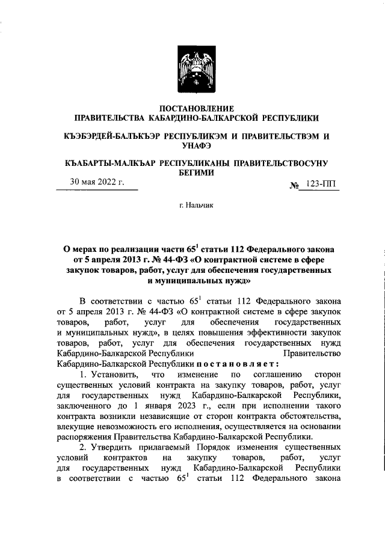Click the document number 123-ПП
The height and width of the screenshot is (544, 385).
(x=322, y=186)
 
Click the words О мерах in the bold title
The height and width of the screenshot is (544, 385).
(x=84, y=248)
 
